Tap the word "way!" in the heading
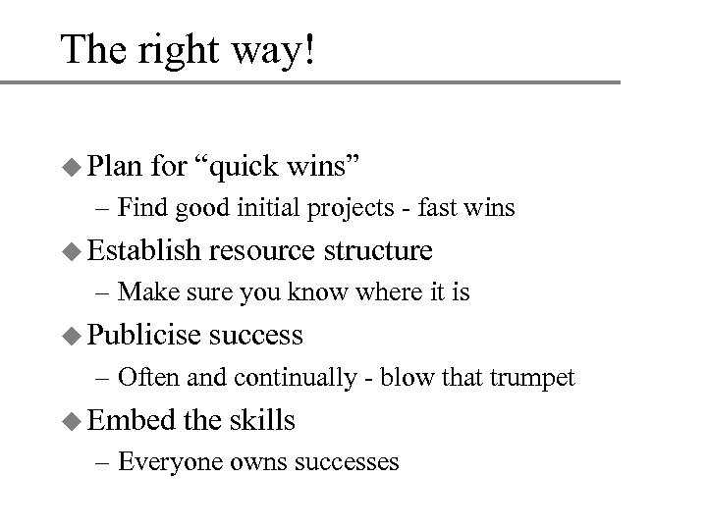point(277,50)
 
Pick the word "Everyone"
point(158,460)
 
